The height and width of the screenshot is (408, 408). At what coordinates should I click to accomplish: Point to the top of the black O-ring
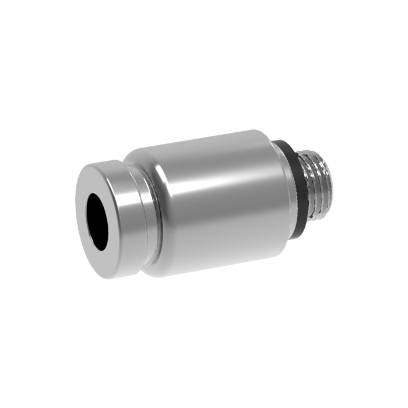point(283,143)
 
